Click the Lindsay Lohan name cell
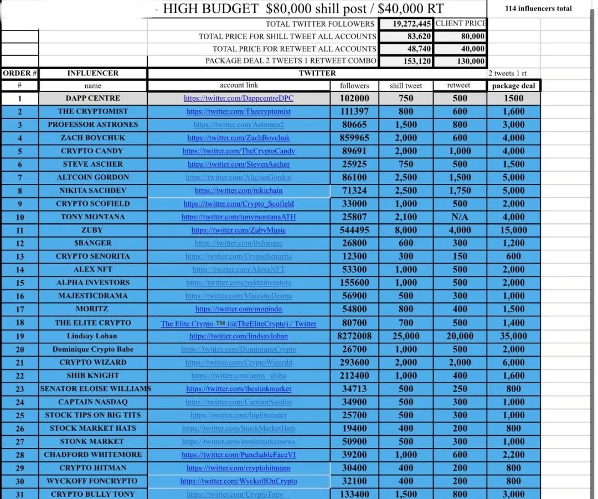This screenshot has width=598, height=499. tap(92, 336)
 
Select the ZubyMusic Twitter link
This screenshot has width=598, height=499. tap(239, 230)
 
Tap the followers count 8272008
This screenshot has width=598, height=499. tap(354, 336)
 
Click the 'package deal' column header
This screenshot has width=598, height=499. tap(513, 86)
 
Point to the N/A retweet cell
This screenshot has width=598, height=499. tap(460, 217)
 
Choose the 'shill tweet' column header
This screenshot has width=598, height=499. tap(406, 86)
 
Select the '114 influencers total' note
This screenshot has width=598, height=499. tap(538, 8)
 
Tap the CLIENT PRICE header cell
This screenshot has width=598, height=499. tap(461, 23)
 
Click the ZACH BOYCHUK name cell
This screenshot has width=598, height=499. tap(92, 138)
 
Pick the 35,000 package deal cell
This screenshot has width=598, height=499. tap(513, 336)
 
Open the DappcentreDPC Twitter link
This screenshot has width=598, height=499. tap(239, 99)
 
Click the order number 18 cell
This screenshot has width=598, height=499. tap(20, 323)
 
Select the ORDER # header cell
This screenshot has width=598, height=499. tap(20, 73)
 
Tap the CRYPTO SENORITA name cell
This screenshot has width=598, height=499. tap(92, 256)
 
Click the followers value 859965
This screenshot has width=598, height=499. tap(354, 138)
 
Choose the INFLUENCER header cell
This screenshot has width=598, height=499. tap(92, 73)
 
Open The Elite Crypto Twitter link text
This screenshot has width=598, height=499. tap(239, 324)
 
